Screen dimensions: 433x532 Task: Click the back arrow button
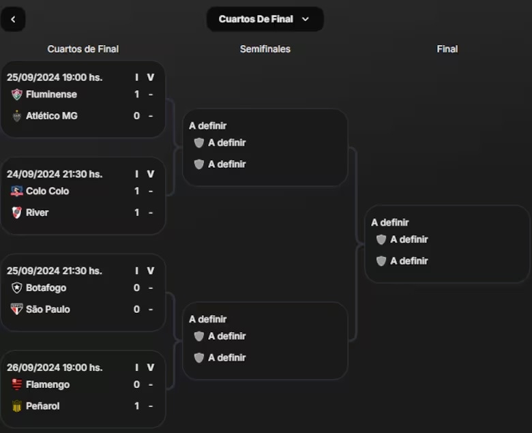pyautogui.click(x=13, y=19)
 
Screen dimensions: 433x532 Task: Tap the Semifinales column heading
pyautogui.click(x=265, y=49)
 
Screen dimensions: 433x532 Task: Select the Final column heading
pyautogui.click(x=447, y=49)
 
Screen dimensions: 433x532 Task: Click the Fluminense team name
pyautogui.click(x=51, y=94)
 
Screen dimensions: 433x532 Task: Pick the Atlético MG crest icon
pyautogui.click(x=17, y=116)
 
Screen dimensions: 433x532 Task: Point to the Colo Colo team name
pyautogui.click(x=47, y=191)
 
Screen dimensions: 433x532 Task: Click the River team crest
pyautogui.click(x=17, y=213)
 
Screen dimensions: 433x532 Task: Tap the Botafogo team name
pyautogui.click(x=46, y=288)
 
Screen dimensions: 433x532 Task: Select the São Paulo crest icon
pyautogui.click(x=17, y=310)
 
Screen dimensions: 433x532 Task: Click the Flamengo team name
pyautogui.click(x=48, y=385)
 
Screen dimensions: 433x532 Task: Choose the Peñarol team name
pyautogui.click(x=42, y=406)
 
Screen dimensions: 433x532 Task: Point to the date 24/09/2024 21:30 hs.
pyautogui.click(x=55, y=174)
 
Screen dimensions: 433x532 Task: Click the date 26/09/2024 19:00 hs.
pyautogui.click(x=55, y=368)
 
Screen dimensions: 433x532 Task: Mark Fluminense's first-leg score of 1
pyautogui.click(x=136, y=94)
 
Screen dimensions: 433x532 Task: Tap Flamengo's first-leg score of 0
pyautogui.click(x=136, y=385)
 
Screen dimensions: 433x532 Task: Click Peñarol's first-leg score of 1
pyautogui.click(x=136, y=406)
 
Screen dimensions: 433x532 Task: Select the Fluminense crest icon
pyautogui.click(x=17, y=94)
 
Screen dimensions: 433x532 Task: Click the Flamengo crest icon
pyautogui.click(x=17, y=385)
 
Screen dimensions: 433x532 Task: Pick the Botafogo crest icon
pyautogui.click(x=17, y=288)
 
